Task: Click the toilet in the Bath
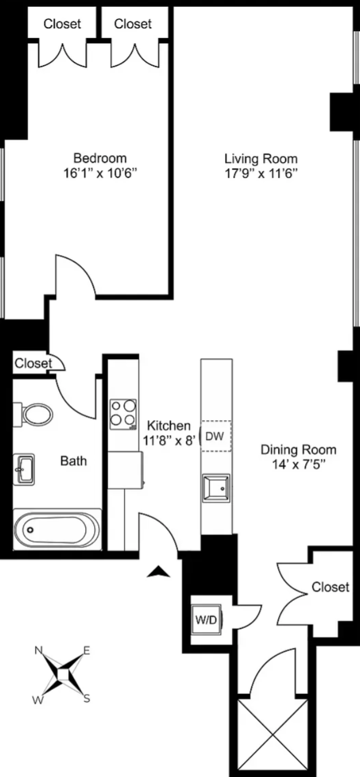33,414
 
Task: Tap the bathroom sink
24,469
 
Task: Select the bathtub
57,529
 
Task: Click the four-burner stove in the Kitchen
123,414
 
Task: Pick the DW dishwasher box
216,436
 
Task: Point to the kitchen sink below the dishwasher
216,488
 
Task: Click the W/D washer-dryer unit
207,620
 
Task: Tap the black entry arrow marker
159,571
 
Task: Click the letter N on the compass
39,649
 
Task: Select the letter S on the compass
87,698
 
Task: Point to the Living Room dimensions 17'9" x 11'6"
261,173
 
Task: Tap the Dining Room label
298,450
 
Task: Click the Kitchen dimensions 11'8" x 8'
170,440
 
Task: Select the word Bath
73,461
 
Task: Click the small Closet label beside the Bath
33,363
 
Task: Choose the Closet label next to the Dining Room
330,587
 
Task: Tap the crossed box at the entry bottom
273,735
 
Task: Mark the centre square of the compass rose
63,674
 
